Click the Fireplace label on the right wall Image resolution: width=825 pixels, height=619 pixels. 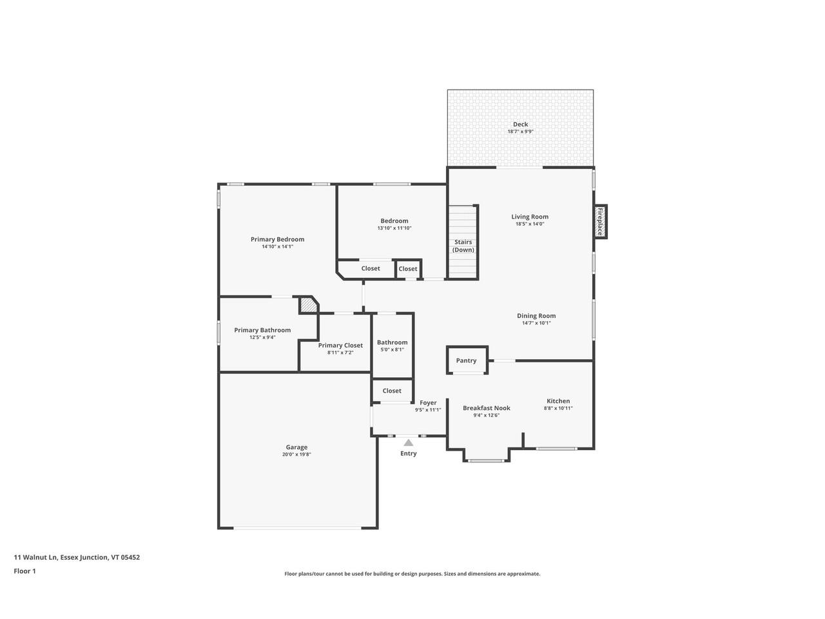point(599,221)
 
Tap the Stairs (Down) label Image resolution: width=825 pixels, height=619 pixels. point(463,246)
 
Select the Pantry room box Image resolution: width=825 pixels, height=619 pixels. point(466,360)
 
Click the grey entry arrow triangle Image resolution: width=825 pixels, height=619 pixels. point(408,442)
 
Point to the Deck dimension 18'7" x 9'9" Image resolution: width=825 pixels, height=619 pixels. point(520,132)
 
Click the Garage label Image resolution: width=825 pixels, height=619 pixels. point(296,447)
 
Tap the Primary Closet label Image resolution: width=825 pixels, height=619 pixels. point(340,345)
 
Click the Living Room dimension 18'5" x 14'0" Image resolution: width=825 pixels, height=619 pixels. point(530,224)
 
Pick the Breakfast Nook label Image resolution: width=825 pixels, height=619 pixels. point(486,408)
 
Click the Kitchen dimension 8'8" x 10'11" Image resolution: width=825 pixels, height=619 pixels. point(558,408)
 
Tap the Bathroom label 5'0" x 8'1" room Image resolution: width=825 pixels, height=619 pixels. point(392,342)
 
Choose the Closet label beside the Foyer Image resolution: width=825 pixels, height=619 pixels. point(392,391)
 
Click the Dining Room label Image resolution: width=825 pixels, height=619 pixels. point(536,316)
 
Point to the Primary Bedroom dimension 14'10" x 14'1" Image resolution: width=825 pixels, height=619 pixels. point(277,246)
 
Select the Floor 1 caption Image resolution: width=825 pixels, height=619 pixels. point(24,571)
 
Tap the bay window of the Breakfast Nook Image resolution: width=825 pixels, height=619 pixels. point(486,460)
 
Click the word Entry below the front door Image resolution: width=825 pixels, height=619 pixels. point(408,453)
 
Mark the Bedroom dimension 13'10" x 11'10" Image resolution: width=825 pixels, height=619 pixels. point(394,228)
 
